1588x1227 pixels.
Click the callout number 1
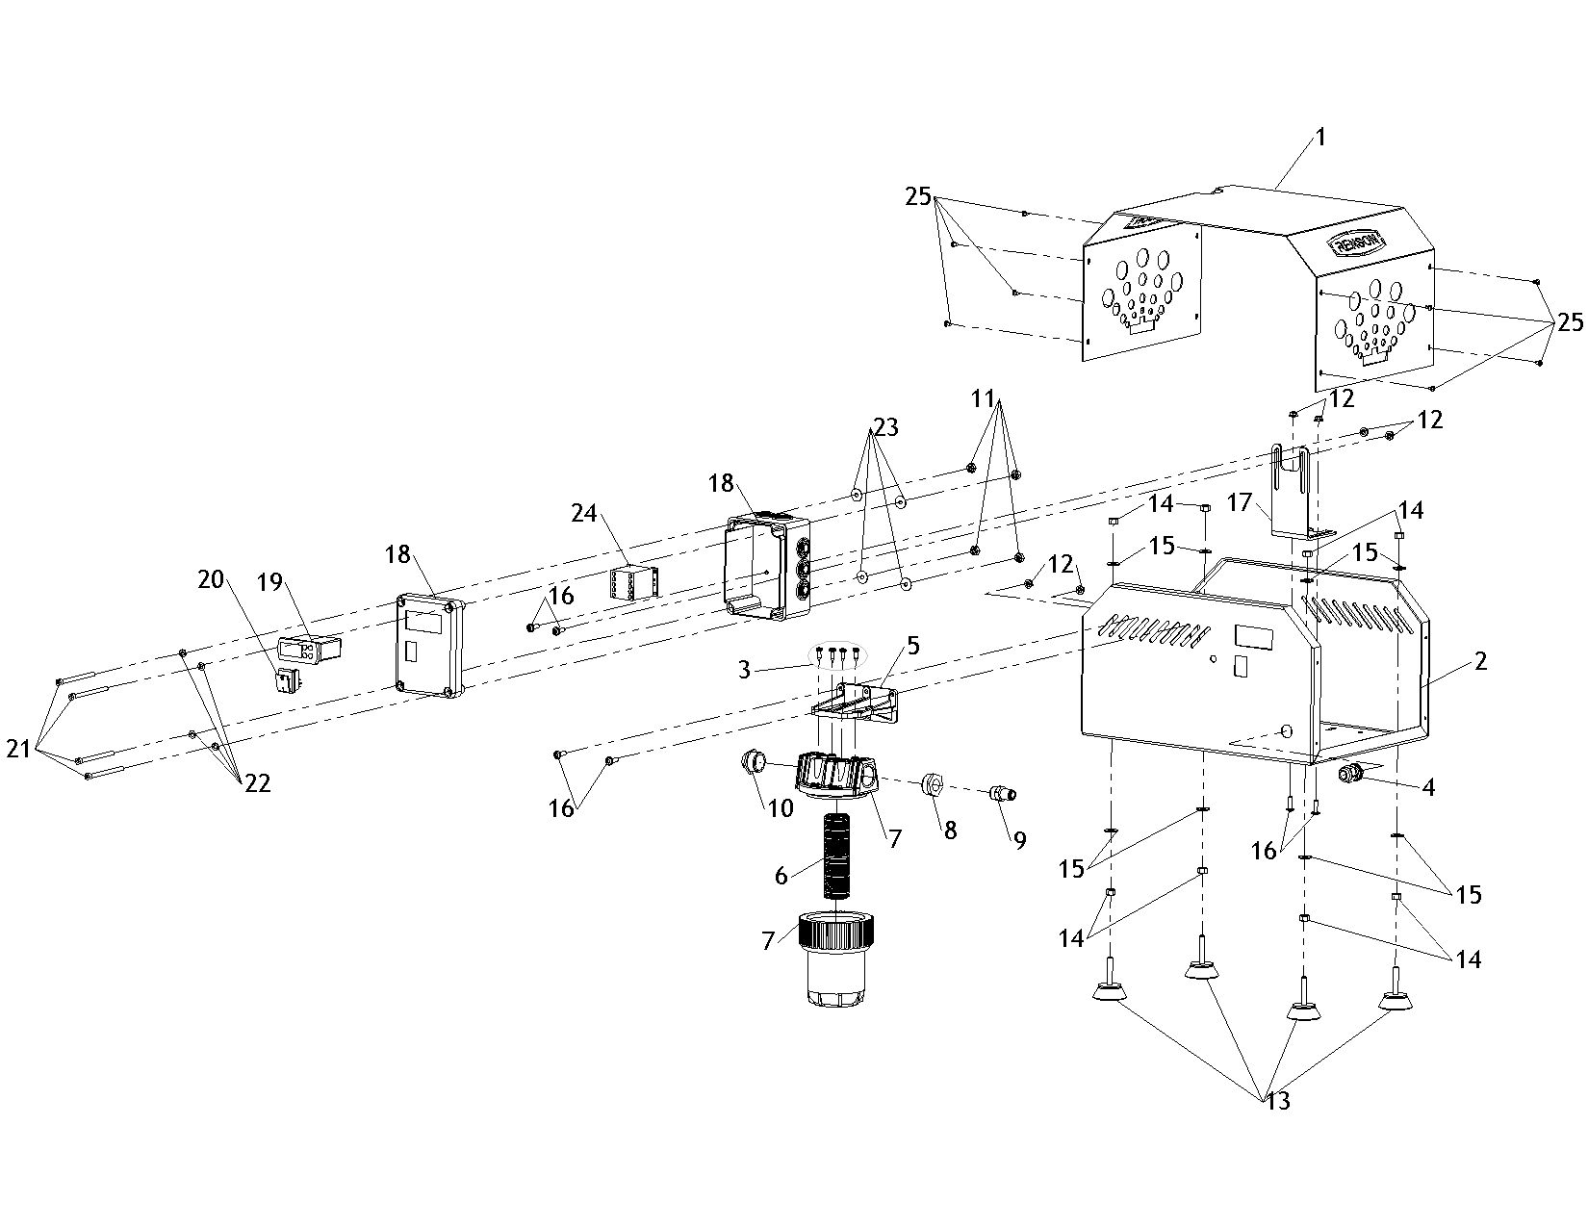pos(1320,138)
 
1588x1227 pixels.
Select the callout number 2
pos(1481,661)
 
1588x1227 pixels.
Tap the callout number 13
pos(1278,1101)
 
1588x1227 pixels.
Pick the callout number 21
pos(19,748)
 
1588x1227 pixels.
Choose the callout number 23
pos(885,427)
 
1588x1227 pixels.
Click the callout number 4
pos(1428,788)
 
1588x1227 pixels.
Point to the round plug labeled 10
pos(753,764)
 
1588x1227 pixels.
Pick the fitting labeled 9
pos(1003,794)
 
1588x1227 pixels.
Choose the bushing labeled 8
pos(932,783)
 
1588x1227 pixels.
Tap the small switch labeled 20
pos(287,681)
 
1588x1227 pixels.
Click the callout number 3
pos(744,669)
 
